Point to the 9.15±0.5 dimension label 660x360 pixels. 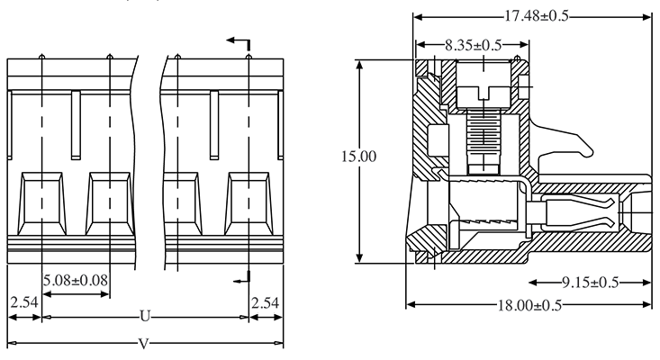click(589, 283)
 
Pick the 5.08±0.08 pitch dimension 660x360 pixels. click(76, 279)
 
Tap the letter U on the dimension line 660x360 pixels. click(145, 317)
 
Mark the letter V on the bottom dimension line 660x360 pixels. click(145, 343)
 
